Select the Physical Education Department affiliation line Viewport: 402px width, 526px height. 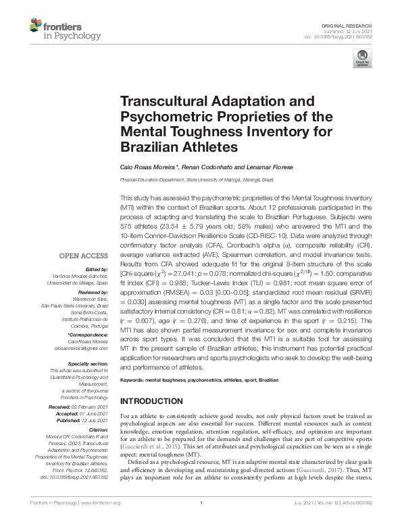click(x=197, y=180)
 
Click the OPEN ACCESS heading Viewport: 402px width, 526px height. click(x=84, y=256)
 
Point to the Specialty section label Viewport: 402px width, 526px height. click(x=88, y=363)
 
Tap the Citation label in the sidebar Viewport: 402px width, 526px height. click(x=98, y=429)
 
